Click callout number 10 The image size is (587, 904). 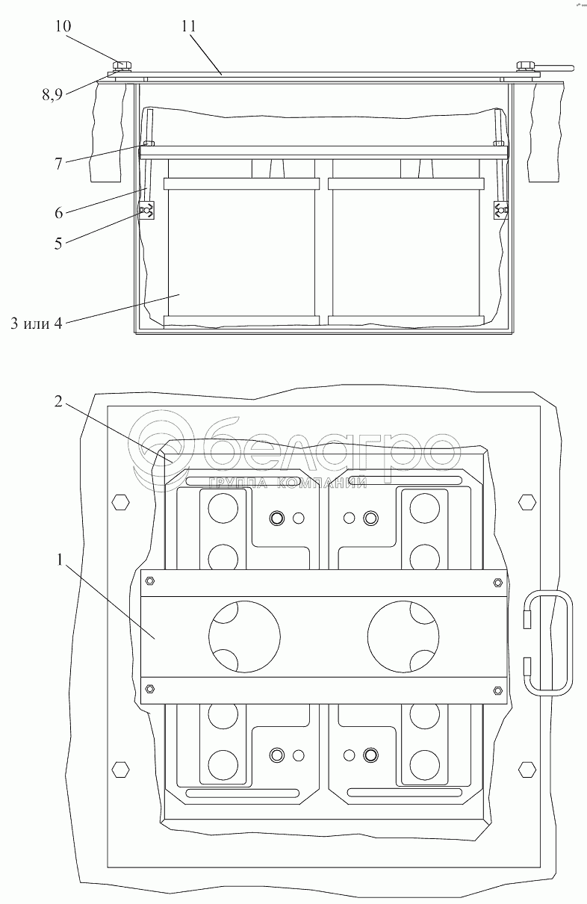[x=63, y=26]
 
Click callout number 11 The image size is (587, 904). [x=188, y=26]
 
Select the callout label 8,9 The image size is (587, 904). [x=52, y=95]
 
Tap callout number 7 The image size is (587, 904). [x=58, y=164]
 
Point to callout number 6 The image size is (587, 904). [x=59, y=213]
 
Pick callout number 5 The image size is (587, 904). [x=58, y=244]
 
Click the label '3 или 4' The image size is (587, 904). [x=37, y=323]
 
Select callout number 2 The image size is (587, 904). [x=58, y=401]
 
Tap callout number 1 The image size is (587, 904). [x=59, y=560]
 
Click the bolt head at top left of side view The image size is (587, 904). [x=122, y=65]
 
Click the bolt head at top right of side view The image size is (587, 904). [x=526, y=66]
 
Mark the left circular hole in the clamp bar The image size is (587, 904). [x=244, y=637]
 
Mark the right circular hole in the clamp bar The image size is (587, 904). [x=403, y=637]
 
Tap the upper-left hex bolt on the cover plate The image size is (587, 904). [x=121, y=503]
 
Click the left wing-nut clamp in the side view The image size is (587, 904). [x=146, y=210]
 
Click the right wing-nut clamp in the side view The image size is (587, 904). [x=501, y=210]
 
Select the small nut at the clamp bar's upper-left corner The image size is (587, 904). [x=149, y=581]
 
